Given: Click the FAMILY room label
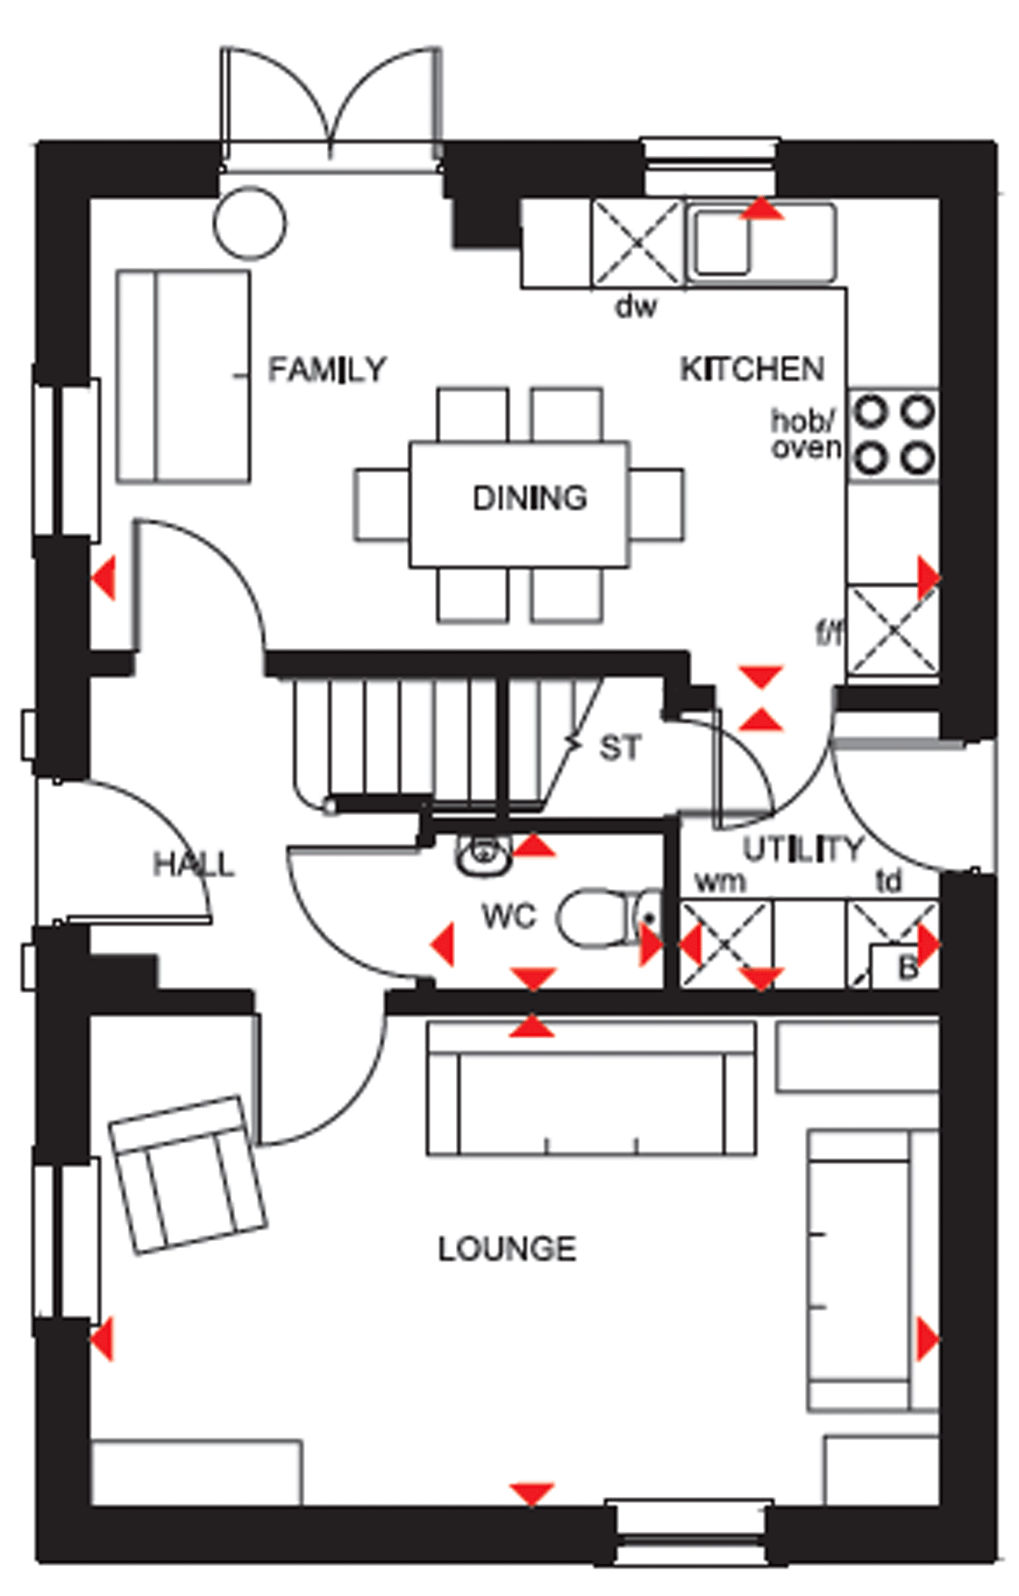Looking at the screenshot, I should pos(327,370).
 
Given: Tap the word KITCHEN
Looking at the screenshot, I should pos(752,370).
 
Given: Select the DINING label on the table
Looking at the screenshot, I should pos(529,498).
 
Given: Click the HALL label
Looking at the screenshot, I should pos(194,865).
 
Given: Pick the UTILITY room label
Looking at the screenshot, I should pos(802,849).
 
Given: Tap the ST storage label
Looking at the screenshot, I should pos(620,748).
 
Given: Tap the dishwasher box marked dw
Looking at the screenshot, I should pos(636,243).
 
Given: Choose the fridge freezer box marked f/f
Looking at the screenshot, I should pos(893,629).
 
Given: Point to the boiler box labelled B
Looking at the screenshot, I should pos(905,966).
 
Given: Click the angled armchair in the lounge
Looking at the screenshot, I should pos(187,1175).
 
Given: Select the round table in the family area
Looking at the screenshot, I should pos(249,223).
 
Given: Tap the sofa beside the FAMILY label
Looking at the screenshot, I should pos(183,377).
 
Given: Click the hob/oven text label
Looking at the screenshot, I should pos(805,434).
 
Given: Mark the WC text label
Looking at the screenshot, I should pos(509,916).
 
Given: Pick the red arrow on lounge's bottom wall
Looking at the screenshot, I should pos(531,1494).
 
